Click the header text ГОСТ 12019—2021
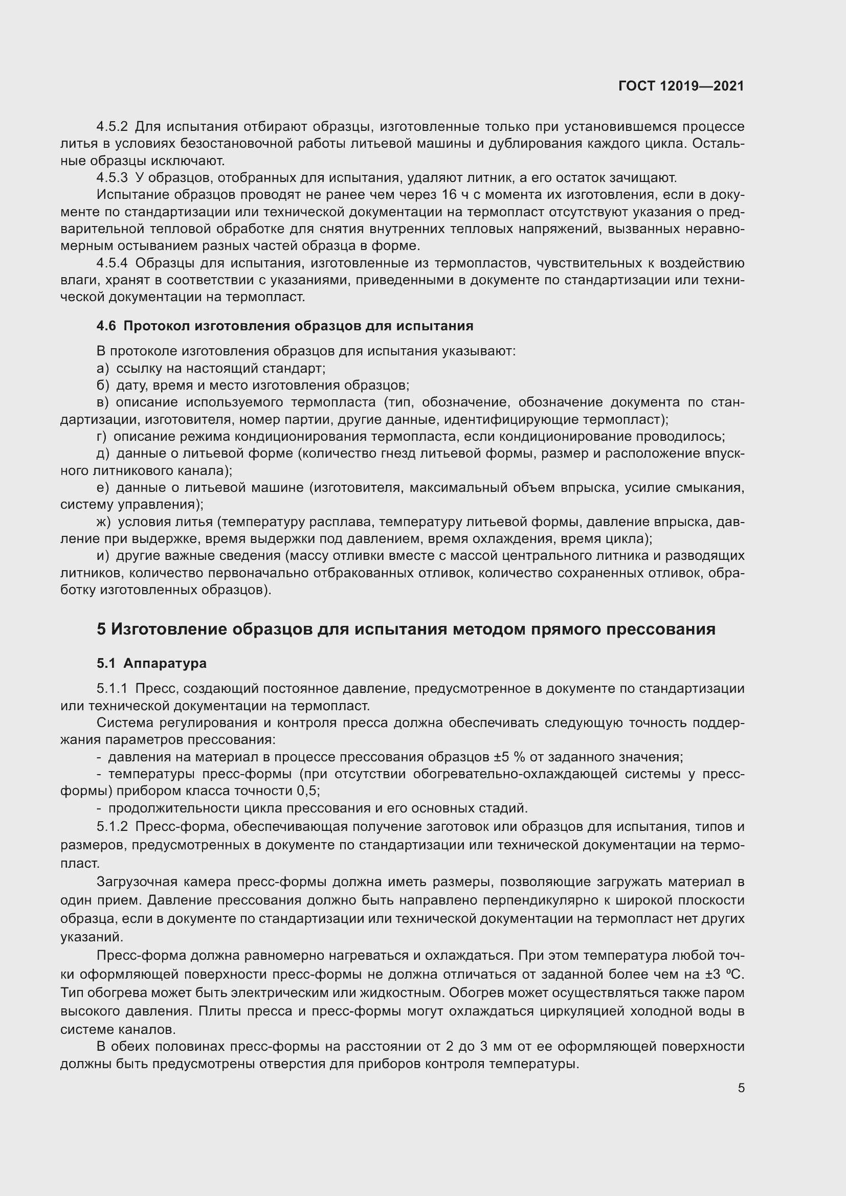(x=681, y=86)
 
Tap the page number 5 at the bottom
(x=741, y=1088)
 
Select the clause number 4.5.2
(x=112, y=127)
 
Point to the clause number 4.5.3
(x=112, y=177)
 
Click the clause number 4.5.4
(x=112, y=263)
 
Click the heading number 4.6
(x=106, y=326)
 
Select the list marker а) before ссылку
(x=103, y=369)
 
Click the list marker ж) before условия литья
(x=104, y=522)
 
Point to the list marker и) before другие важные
(x=103, y=556)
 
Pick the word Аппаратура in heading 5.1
(x=165, y=663)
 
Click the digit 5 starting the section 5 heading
(x=102, y=629)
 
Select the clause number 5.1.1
(x=112, y=689)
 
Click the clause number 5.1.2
(x=112, y=827)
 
